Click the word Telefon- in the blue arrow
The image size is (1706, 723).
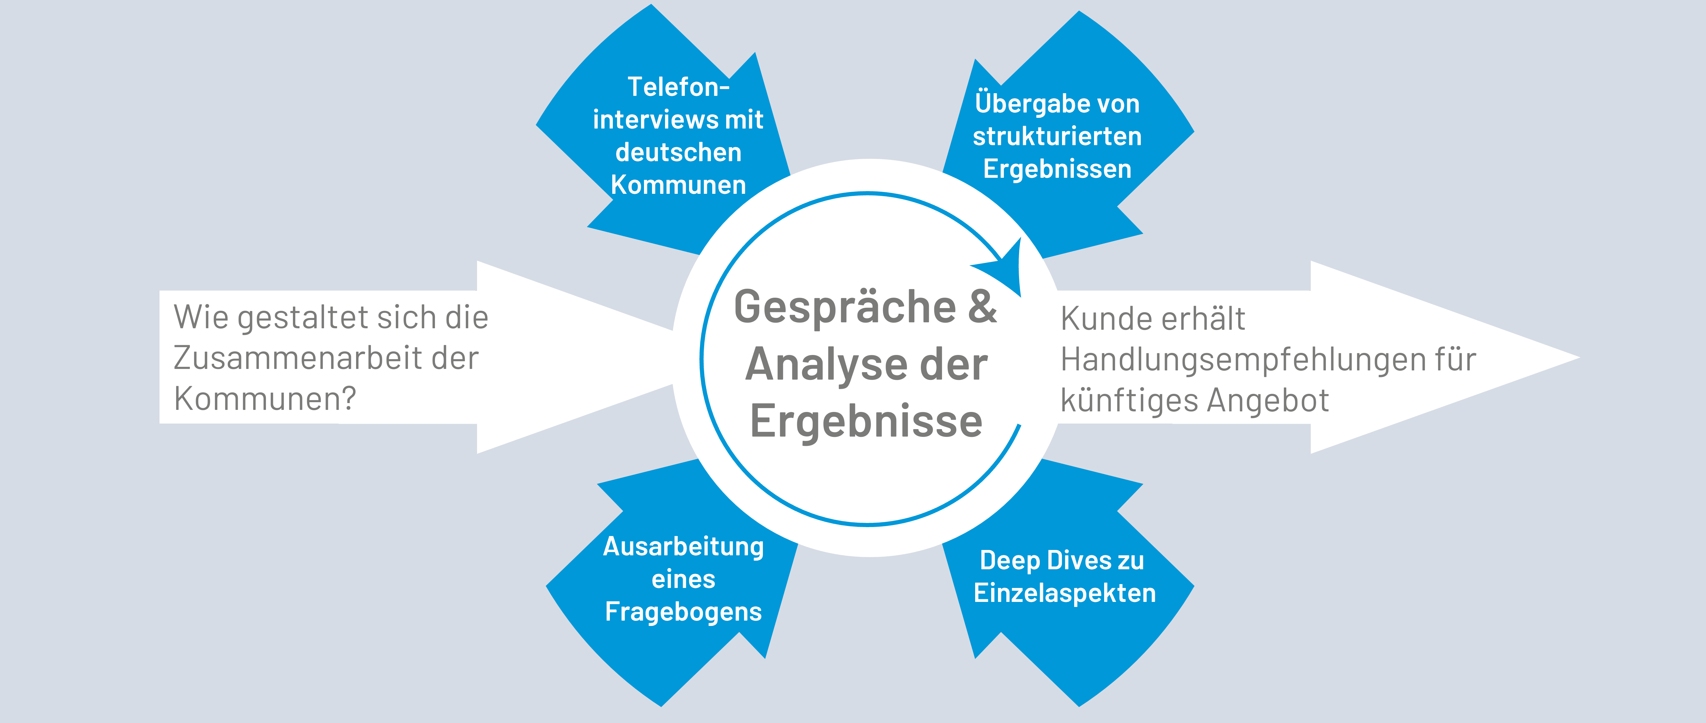pyautogui.click(x=678, y=87)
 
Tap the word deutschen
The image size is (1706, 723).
pyautogui.click(x=678, y=153)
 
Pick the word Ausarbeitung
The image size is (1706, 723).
pyautogui.click(x=683, y=547)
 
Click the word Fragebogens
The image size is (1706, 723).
pyautogui.click(x=683, y=612)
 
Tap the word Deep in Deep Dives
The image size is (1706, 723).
pyautogui.click(x=1009, y=561)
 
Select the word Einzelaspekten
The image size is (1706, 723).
pyautogui.click(x=1064, y=593)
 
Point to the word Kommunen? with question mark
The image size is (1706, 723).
pyautogui.click(x=265, y=399)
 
